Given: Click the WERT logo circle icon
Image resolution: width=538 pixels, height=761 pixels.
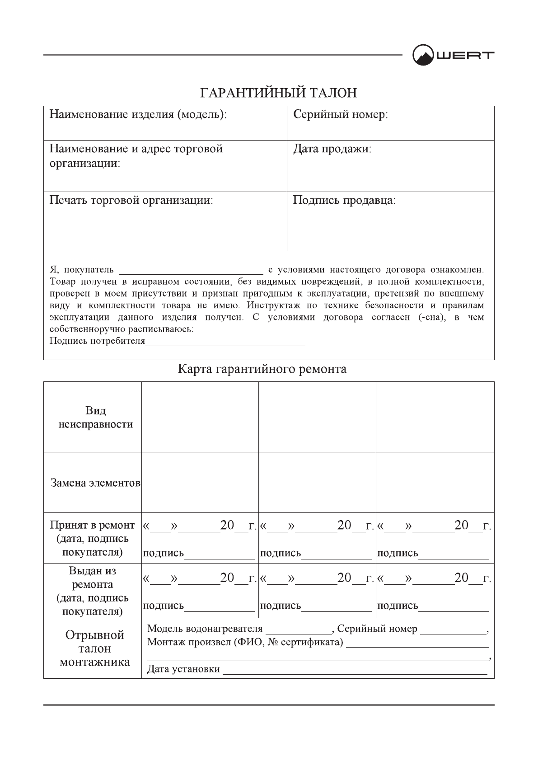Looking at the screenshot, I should coord(422,55).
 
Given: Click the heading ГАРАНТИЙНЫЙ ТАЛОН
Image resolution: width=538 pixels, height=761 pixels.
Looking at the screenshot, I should coord(279,93).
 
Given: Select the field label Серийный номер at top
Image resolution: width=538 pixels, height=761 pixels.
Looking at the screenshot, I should coord(341,115).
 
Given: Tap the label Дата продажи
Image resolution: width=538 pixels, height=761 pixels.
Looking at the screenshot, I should coord(332,149).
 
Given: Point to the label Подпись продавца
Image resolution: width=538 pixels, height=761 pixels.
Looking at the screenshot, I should coord(344,200).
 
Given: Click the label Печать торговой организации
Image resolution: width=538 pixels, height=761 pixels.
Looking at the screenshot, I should coord(131,200).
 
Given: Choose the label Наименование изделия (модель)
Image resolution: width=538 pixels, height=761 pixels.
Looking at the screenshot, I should coord(138,115).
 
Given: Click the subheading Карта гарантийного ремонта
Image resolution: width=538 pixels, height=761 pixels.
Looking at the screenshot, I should coord(262,369).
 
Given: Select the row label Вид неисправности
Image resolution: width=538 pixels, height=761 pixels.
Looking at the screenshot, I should coord(96,418).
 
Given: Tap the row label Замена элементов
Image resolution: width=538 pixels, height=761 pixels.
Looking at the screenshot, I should coord(95,483).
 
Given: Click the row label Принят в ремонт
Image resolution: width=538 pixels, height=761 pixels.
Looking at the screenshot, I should coord(92,525).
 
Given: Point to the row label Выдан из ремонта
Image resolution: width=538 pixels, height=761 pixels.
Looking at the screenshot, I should coord(92,578).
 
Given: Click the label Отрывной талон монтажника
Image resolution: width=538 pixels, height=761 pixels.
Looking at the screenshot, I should coord(95,648).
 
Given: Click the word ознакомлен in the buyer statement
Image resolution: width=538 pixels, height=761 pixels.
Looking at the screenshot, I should coord(456,270).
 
